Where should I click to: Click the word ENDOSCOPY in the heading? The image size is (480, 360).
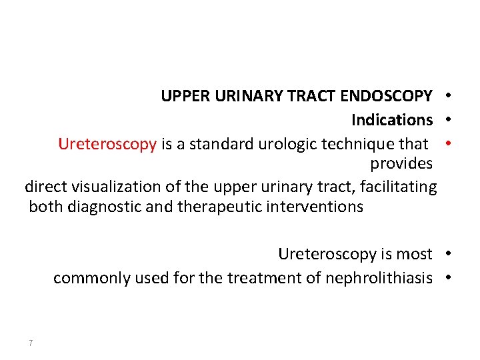(386, 97)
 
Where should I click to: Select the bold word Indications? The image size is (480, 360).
(392, 120)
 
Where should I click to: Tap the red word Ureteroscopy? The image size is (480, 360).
(107, 144)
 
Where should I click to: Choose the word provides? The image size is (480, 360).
(401, 164)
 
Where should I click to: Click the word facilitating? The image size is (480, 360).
(399, 187)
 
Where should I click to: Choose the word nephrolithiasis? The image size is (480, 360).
(379, 278)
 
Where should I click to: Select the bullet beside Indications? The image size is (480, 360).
(449, 120)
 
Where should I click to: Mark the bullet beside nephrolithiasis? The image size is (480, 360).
(449, 277)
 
